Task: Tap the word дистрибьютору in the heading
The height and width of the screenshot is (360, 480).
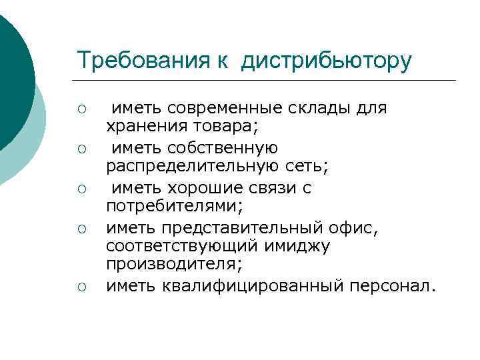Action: pos(327,61)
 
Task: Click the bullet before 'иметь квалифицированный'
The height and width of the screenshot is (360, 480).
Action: pos(83,287)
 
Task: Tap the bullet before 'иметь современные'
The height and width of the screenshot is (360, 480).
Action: pos(83,109)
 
